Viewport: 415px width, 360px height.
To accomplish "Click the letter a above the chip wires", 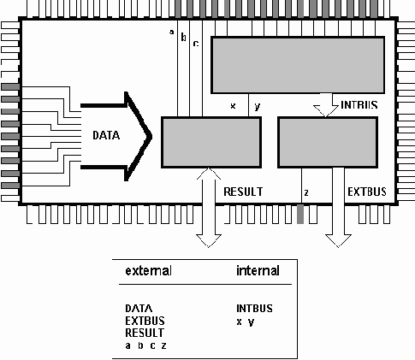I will tap(171, 33).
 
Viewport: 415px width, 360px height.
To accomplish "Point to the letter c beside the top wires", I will tap(195, 42).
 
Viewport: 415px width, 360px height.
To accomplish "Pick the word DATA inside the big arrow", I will tap(107, 136).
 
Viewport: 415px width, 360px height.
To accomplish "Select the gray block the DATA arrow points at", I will tap(210, 142).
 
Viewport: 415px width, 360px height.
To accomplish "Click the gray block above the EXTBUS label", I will tap(328, 142).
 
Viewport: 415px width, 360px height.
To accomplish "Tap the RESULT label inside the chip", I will tap(242, 192).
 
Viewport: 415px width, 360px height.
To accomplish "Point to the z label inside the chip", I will tap(306, 192).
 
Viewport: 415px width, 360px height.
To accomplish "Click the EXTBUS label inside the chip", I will tap(365, 192).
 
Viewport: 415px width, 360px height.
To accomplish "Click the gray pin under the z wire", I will tap(300, 215).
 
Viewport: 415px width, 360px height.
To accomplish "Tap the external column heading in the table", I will tap(148, 271).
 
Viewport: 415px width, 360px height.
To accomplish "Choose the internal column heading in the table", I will tap(257, 271).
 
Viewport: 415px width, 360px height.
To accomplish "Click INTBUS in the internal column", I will tap(255, 308).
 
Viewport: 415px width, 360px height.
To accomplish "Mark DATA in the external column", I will tap(139, 308).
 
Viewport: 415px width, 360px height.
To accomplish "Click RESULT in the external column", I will tap(145, 332).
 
